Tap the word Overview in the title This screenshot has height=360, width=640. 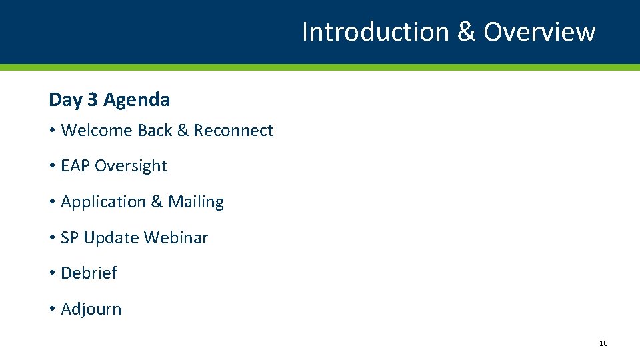(539, 31)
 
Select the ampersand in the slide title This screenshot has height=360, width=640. (466, 31)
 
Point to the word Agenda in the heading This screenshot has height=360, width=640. (137, 100)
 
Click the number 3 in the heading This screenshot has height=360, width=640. (92, 100)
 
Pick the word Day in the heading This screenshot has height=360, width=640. (65, 100)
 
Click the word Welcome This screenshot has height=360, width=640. (97, 131)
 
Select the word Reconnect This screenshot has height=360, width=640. (233, 131)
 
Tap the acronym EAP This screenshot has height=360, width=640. (75, 166)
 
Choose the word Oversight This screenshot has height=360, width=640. (131, 166)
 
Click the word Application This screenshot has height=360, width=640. (102, 202)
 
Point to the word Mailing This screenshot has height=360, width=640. (196, 202)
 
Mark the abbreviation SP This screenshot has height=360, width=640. (69, 238)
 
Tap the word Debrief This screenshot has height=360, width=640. (89, 273)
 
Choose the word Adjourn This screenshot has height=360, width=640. (91, 309)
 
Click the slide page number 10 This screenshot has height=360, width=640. (603, 343)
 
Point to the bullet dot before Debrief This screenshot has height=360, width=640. (52, 274)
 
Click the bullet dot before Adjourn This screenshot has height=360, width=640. (52, 310)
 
